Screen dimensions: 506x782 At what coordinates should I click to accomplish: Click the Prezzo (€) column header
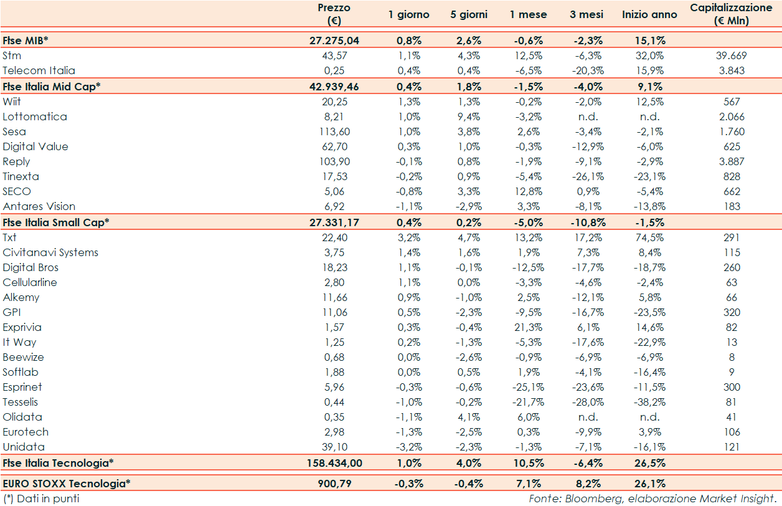[334, 14]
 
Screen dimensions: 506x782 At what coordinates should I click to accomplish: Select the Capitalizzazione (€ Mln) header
[732, 14]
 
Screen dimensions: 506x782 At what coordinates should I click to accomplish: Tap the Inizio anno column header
[649, 14]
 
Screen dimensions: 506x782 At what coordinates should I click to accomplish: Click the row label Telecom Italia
[39, 70]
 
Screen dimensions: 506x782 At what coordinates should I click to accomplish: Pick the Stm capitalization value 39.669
[732, 55]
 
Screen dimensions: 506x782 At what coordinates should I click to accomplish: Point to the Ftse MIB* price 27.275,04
[334, 41]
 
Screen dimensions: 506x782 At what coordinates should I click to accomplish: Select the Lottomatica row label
[35, 117]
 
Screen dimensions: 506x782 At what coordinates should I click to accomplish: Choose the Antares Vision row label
[39, 206]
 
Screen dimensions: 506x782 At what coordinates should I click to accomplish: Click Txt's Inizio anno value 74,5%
[650, 237]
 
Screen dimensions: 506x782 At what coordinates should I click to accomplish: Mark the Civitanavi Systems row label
[50, 252]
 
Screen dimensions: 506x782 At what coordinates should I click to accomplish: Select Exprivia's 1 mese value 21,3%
[529, 327]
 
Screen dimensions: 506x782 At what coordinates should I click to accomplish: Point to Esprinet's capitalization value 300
[732, 387]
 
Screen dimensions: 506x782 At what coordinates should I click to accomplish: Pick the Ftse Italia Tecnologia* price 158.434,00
[334, 463]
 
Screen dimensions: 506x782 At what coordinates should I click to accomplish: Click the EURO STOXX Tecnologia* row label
[67, 483]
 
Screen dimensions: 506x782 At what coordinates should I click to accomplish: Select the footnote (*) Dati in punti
[41, 499]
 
